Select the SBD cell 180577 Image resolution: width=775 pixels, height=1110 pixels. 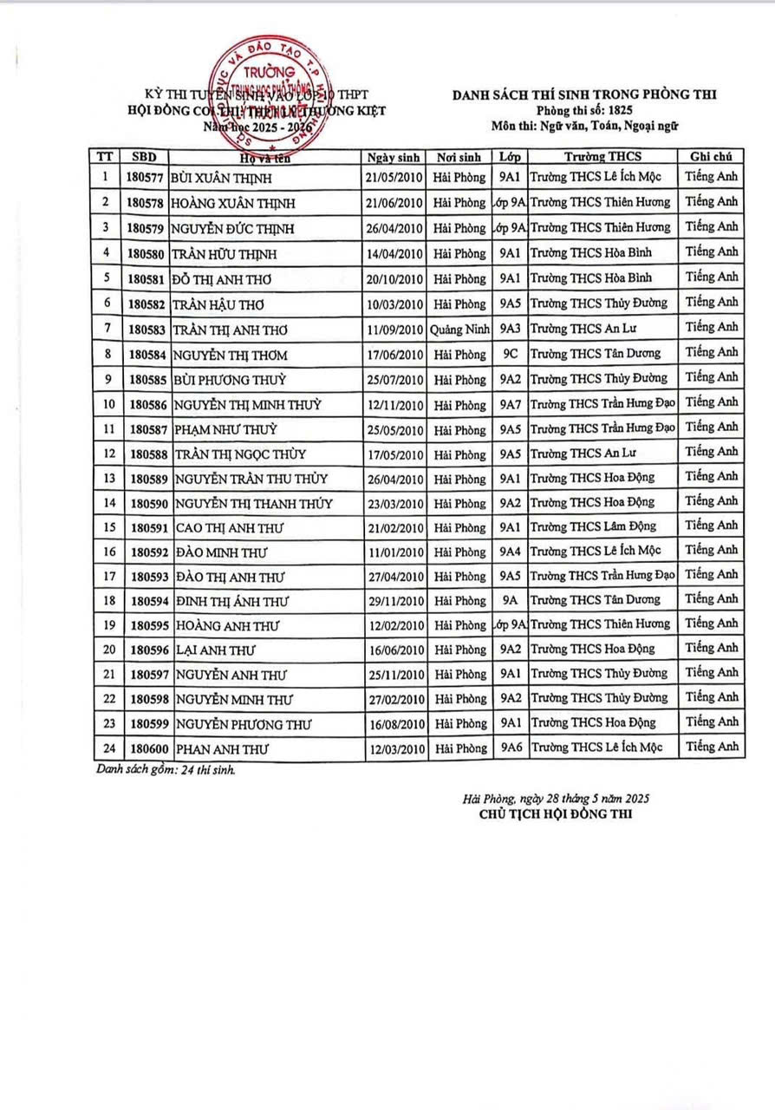[x=144, y=178]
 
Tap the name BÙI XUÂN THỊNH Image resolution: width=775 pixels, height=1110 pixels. [x=222, y=178]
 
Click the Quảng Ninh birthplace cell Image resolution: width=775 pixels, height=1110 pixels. [x=459, y=330]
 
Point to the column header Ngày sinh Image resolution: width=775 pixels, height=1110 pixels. [x=394, y=157]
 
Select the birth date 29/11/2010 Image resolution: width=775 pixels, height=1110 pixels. [x=394, y=601]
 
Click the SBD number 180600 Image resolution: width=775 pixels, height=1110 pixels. [x=144, y=748]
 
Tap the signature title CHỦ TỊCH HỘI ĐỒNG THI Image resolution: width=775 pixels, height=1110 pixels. [x=555, y=814]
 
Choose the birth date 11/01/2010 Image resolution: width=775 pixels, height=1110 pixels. [x=394, y=552]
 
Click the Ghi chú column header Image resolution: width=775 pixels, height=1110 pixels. [x=711, y=157]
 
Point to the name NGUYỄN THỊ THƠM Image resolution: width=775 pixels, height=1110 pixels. [x=231, y=355]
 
